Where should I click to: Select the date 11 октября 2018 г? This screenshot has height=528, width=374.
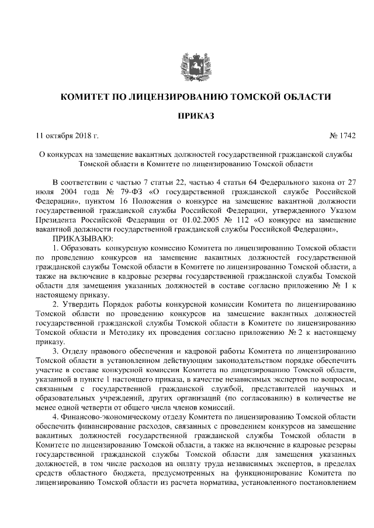pos(67,136)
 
